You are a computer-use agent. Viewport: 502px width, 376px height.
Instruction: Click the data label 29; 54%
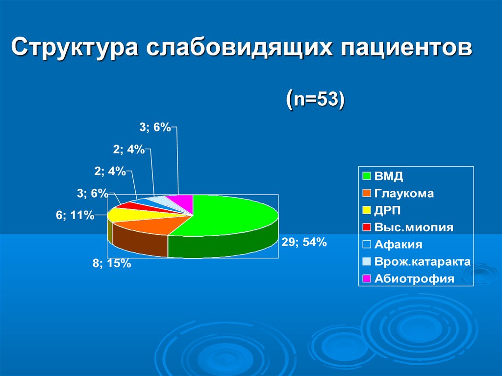[304, 243]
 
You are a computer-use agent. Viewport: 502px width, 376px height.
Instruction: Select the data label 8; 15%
[112, 263]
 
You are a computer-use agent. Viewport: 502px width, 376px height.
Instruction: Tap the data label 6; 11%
[75, 215]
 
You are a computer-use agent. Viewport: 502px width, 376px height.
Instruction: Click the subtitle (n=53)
[315, 99]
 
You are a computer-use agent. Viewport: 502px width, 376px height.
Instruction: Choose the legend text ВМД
[389, 176]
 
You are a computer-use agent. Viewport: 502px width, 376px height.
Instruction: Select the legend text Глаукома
[404, 194]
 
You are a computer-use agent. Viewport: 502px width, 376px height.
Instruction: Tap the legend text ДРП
[387, 210]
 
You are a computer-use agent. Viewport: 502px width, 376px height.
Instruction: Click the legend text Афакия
[398, 245]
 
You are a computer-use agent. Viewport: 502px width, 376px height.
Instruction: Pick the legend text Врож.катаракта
[422, 262]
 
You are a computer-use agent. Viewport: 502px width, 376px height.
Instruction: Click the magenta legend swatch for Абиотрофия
[367, 278]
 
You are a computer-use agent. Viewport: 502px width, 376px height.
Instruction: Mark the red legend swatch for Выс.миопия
[367, 227]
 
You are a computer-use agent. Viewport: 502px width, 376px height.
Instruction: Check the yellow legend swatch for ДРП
[367, 210]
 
